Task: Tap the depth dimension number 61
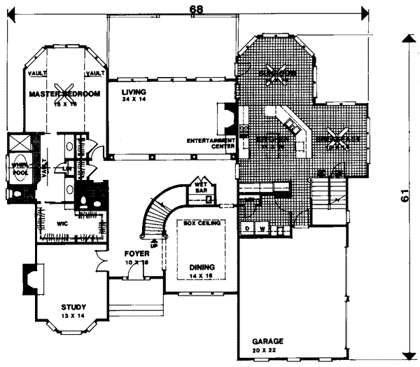coord(405,198)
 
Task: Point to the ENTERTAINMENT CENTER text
coord(209,144)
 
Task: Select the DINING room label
coord(200,268)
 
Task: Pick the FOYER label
coord(136,254)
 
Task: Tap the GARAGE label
coord(269,341)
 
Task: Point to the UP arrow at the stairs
coord(154,244)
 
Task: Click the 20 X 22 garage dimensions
coord(269,349)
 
